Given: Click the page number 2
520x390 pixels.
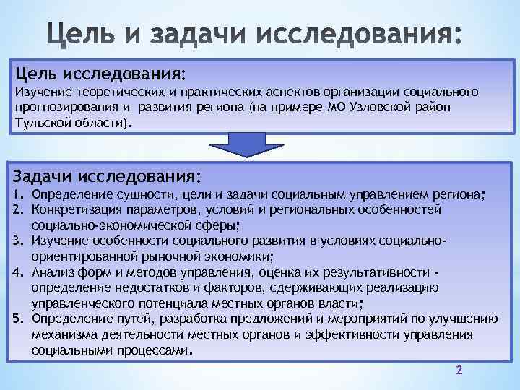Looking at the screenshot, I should coord(459,370).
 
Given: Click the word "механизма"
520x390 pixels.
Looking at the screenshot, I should coord(61,334).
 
